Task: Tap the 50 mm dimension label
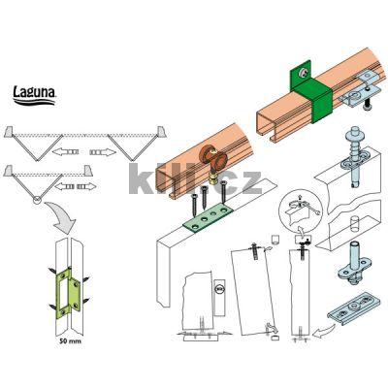point(70,341)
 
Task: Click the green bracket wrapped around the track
point(311,90)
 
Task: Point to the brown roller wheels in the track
point(214,160)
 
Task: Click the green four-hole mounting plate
point(209,217)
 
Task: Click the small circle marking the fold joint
point(37,201)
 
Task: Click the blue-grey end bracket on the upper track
point(366,88)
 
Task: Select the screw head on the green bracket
point(304,72)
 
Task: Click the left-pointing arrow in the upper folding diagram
point(65,151)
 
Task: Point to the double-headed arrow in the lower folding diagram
point(76,186)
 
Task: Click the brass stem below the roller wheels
point(214,178)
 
